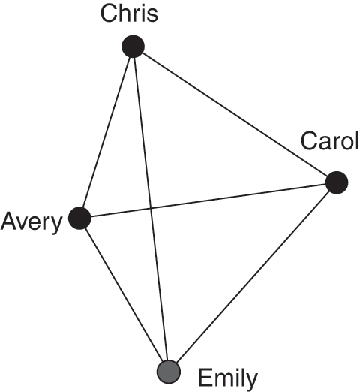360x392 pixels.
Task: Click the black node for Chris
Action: click(133, 47)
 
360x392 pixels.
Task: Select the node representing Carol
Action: click(337, 182)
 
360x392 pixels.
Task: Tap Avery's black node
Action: click(79, 218)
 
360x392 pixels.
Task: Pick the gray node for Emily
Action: click(169, 372)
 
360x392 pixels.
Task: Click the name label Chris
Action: click(129, 14)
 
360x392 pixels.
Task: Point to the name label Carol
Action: click(330, 141)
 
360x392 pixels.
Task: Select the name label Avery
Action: click(31, 222)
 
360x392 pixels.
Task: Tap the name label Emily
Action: click(228, 378)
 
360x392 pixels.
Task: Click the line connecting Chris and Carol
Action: click(235, 114)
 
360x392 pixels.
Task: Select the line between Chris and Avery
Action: click(106, 132)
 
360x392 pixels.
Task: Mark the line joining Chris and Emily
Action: click(151, 209)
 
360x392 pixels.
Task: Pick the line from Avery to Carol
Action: click(208, 201)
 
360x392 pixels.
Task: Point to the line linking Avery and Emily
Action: click(124, 295)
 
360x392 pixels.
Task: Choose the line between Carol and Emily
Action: click(253, 277)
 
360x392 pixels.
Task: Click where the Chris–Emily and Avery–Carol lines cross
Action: click(151, 208)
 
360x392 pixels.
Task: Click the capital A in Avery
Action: click(9, 221)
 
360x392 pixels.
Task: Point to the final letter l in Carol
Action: click(357, 141)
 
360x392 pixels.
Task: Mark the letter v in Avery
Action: click(23, 223)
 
